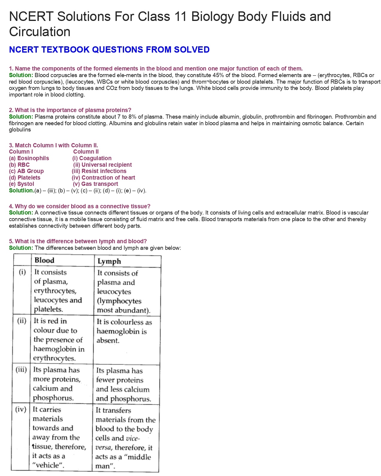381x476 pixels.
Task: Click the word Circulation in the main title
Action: coord(40,32)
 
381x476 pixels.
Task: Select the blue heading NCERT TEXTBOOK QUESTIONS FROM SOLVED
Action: coord(109,50)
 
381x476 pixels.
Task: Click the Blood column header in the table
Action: coord(44,260)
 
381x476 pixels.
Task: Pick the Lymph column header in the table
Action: coord(109,261)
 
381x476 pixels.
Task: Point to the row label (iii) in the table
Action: coord(21,370)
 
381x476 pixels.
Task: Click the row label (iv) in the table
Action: coord(21,409)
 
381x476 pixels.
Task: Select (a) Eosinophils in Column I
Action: coord(29,158)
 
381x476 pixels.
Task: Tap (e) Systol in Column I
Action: coord(22,184)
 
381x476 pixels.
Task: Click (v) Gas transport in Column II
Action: coord(96,184)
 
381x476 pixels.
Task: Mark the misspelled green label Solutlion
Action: coord(22,191)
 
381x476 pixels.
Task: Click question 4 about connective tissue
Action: coord(79,206)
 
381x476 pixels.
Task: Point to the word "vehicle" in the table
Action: coord(48,465)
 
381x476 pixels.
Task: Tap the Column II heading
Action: coord(86,152)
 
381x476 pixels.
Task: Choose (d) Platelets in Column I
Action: coord(25,178)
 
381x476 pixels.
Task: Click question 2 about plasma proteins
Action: coord(70,110)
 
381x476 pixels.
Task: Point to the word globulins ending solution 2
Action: coord(20,130)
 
